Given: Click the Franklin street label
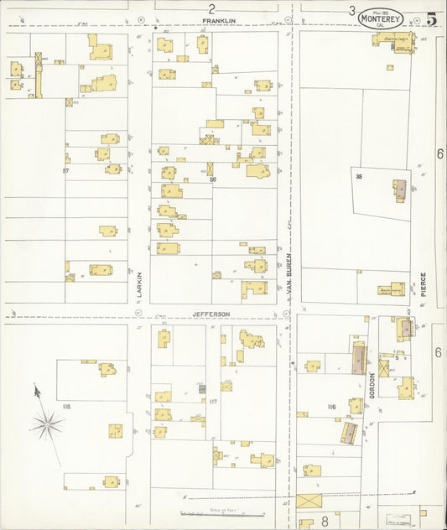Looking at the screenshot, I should click(x=218, y=20).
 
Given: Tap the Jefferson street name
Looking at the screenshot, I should click(x=211, y=314).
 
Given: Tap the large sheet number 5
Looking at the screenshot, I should click(x=430, y=19).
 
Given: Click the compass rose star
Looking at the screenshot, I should click(x=48, y=425).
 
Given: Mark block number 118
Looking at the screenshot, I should click(x=66, y=407).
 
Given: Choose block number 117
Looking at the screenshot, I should click(x=213, y=402).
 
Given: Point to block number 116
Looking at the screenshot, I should click(x=331, y=407).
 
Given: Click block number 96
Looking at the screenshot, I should click(x=213, y=179).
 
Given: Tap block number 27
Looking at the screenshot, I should click(x=65, y=170).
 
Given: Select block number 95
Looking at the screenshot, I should click(x=358, y=176).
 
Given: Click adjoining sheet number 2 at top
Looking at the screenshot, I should click(x=211, y=8).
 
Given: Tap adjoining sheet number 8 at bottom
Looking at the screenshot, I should click(x=325, y=521).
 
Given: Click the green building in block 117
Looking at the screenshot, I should click(x=201, y=388).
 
